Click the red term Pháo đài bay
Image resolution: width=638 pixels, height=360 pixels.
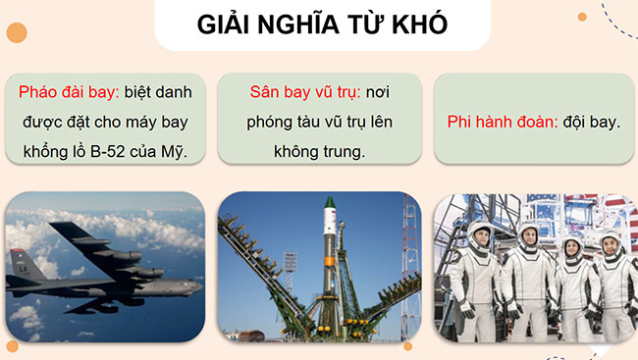pos(67,93)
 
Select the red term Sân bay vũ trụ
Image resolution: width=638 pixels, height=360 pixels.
pos(302,93)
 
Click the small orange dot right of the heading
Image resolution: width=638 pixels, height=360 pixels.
pos(582,17)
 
